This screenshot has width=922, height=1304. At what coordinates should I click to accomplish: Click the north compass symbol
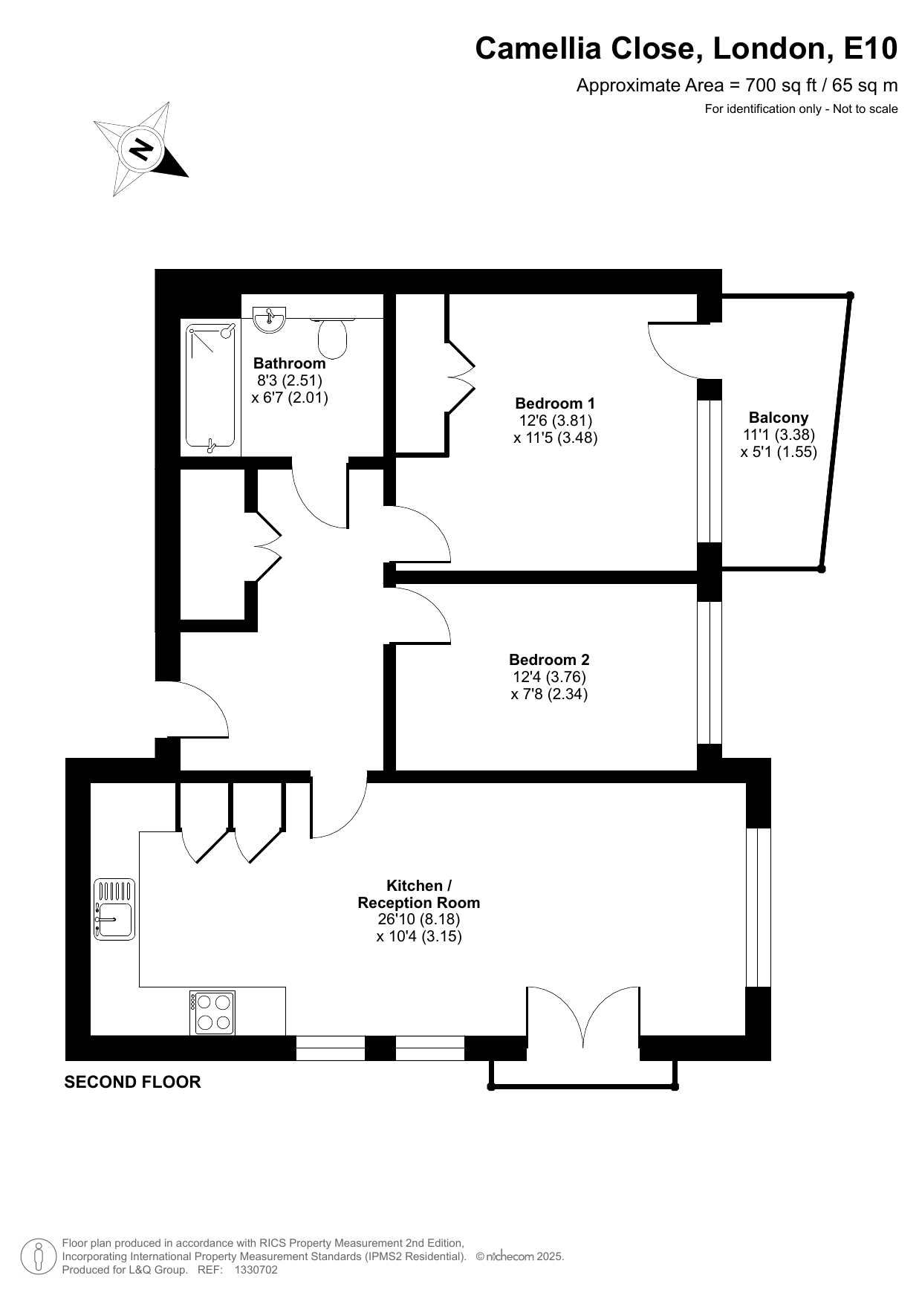pos(141,149)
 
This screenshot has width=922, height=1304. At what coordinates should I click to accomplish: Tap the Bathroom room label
pos(289,363)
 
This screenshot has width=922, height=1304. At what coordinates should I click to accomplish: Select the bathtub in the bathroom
pos(211,388)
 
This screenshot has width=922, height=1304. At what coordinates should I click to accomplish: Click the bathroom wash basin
pos(269,319)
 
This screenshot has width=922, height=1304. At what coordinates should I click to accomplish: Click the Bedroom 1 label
pos(555,403)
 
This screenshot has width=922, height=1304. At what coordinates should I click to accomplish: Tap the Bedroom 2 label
pos(549,660)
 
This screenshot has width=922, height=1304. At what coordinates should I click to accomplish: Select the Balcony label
pos(779,418)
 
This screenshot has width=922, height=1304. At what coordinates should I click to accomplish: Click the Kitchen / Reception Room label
pos(419,894)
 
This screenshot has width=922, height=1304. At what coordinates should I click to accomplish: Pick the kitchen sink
pos(114,909)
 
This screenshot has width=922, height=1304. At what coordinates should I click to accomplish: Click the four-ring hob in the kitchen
pos(212,1013)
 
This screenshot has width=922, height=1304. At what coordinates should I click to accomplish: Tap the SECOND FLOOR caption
pos(132,1082)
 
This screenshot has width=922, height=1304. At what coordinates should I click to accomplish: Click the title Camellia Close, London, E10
pos(686,49)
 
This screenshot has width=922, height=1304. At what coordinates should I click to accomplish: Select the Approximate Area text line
pos(737,85)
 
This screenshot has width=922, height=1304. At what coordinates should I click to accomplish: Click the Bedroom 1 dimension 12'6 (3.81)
pos(555,421)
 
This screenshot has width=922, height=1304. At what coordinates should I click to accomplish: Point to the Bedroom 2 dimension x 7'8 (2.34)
pos(549,695)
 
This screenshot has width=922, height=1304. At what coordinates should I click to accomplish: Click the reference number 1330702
pos(256,1270)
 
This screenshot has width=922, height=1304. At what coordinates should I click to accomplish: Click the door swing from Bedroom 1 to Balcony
pos(672,350)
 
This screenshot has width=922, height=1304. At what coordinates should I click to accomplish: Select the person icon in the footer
pos(38,1256)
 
